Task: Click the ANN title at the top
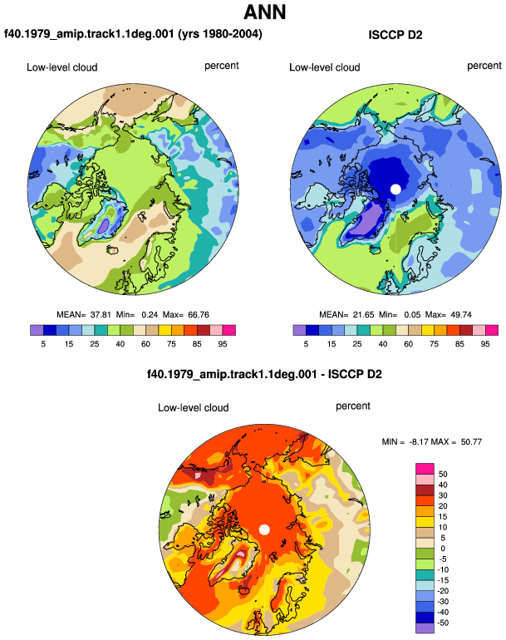pyautogui.click(x=264, y=12)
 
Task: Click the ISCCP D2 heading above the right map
pyautogui.click(x=395, y=35)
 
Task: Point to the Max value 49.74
pyautogui.click(x=461, y=315)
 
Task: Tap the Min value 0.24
pyautogui.click(x=150, y=315)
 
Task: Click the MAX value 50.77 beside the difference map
pyautogui.click(x=471, y=441)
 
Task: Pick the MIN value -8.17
pyautogui.click(x=418, y=441)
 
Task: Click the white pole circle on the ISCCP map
pyautogui.click(x=395, y=190)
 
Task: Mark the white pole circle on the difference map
pyautogui.click(x=264, y=529)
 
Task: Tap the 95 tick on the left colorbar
pyautogui.click(x=223, y=344)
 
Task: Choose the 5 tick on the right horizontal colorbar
pyautogui.click(x=306, y=344)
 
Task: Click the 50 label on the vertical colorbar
pyautogui.click(x=443, y=474)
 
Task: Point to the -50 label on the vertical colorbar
pyautogui.click(x=443, y=623)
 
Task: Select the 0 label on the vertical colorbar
pyautogui.click(x=443, y=549)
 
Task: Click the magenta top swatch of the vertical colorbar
pyautogui.click(x=425, y=469)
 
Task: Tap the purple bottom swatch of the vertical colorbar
pyautogui.click(x=425, y=628)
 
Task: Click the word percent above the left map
pyautogui.click(x=222, y=66)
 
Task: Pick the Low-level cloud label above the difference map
pyautogui.click(x=193, y=407)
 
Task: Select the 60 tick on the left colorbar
pyautogui.click(x=145, y=344)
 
